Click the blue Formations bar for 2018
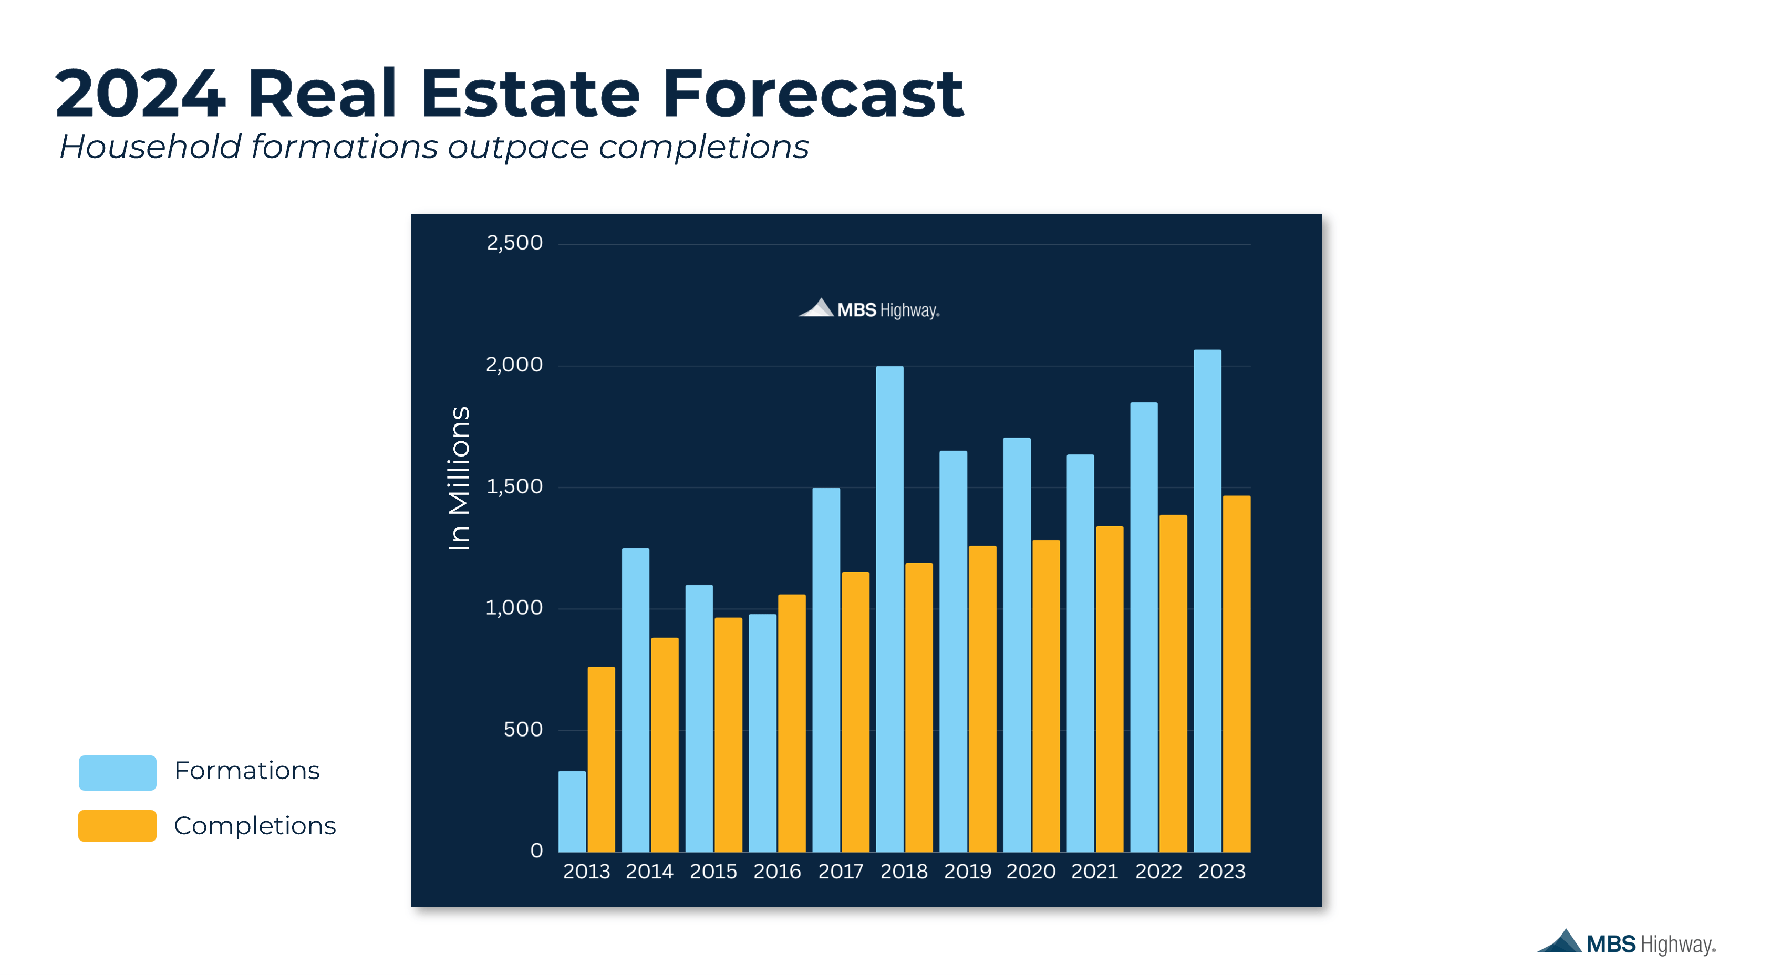[x=889, y=608]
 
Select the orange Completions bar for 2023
[x=1236, y=674]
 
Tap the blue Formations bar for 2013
[x=572, y=811]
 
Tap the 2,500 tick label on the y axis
[x=514, y=243]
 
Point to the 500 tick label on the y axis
[x=523, y=729]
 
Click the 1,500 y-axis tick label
[x=514, y=486]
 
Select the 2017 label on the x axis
[x=840, y=871]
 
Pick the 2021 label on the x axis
[x=1094, y=871]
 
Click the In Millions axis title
[x=459, y=478]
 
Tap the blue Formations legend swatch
[x=118, y=772]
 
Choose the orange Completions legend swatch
[x=118, y=825]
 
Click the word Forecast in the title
[x=813, y=94]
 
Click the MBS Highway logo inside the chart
[x=868, y=309]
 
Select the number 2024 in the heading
[x=140, y=94]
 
